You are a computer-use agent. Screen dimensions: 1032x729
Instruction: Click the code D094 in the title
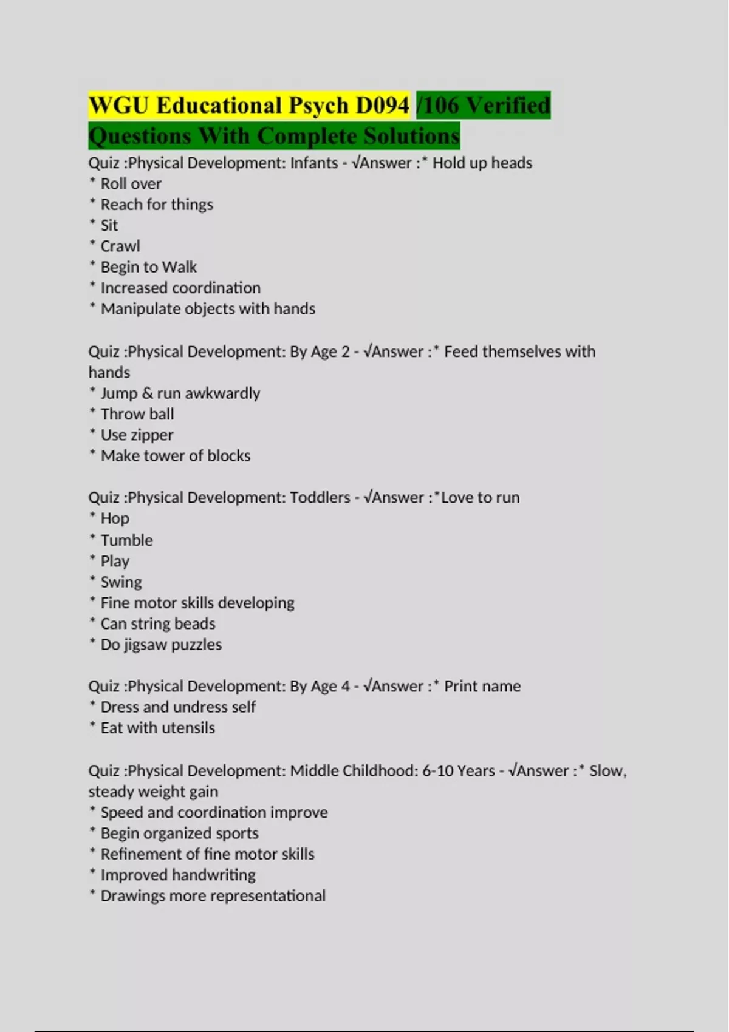pyautogui.click(x=382, y=106)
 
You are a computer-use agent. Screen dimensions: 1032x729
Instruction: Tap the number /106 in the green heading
pyautogui.click(x=438, y=106)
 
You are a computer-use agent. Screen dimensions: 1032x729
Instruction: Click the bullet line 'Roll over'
pyautogui.click(x=131, y=183)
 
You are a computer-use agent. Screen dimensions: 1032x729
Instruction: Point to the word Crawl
pyautogui.click(x=120, y=246)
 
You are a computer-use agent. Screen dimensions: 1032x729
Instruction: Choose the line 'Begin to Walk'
pyautogui.click(x=148, y=267)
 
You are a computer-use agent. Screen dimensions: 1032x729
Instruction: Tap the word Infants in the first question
pyautogui.click(x=314, y=163)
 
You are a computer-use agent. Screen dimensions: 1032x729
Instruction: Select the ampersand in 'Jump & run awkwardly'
pyautogui.click(x=147, y=393)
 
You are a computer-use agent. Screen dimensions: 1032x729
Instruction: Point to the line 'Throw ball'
pyautogui.click(x=137, y=414)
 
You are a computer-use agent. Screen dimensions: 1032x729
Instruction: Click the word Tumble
pyautogui.click(x=126, y=540)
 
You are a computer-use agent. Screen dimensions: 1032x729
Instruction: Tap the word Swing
pyautogui.click(x=121, y=582)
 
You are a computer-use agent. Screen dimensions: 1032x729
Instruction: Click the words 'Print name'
pyautogui.click(x=482, y=686)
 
